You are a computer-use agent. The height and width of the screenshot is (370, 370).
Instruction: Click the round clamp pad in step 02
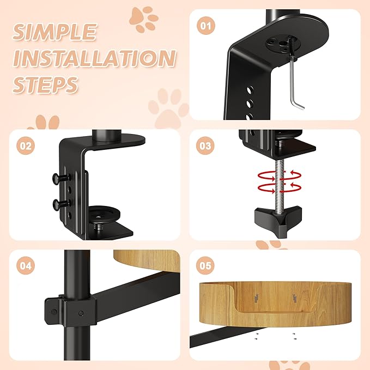(104, 213)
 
